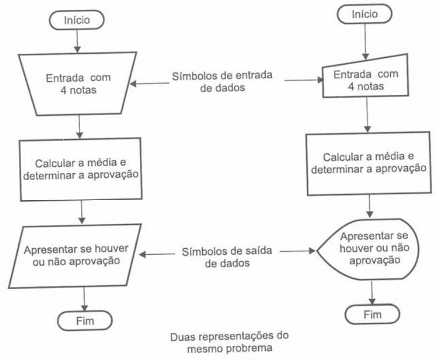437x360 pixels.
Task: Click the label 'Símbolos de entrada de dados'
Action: click(222, 81)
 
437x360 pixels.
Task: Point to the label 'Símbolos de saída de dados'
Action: click(227, 257)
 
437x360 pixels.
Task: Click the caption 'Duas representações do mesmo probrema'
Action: click(230, 342)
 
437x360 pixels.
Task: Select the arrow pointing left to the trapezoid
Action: click(150, 83)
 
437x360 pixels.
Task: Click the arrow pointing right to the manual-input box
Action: click(303, 80)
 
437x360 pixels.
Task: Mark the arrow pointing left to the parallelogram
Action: click(157, 254)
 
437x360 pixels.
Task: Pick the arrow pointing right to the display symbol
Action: click(298, 251)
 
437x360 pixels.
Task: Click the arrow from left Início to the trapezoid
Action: click(77, 41)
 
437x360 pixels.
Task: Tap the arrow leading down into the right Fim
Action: click(372, 293)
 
